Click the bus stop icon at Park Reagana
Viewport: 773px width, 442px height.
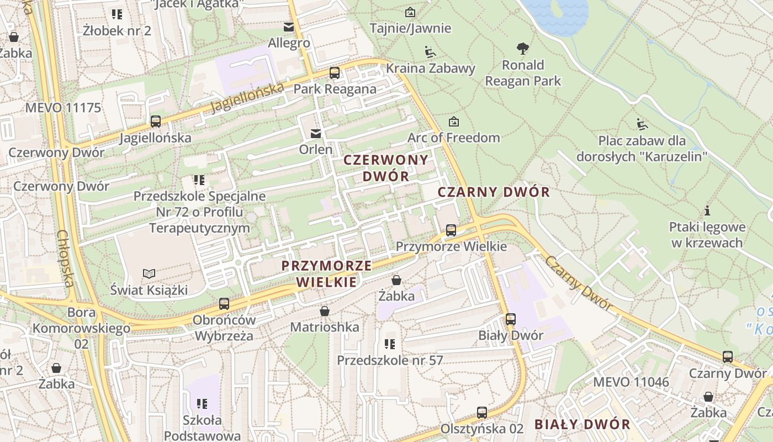pos(334,73)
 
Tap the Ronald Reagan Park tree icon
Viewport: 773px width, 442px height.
pos(522,49)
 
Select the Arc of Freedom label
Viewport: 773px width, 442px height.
pos(453,138)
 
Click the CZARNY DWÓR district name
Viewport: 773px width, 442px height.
pos(494,192)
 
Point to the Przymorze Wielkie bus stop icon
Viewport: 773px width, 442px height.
pos(451,230)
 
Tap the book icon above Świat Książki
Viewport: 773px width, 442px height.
pos(149,273)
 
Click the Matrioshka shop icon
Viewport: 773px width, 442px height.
pos(325,312)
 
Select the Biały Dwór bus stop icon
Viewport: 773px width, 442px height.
pos(511,319)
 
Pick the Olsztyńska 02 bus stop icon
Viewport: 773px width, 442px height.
pos(482,413)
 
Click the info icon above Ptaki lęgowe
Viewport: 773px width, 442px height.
pos(707,211)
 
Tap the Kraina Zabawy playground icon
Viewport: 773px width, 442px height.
pos(430,52)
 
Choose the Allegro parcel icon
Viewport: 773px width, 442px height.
pos(289,27)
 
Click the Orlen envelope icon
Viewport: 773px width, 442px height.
pos(316,133)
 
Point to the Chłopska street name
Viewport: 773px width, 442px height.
pos(65,259)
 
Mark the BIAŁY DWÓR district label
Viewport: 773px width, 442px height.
pos(582,424)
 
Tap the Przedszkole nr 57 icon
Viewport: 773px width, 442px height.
pos(390,344)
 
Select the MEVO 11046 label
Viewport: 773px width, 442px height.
pos(631,382)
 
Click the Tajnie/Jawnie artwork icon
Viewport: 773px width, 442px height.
pos(410,12)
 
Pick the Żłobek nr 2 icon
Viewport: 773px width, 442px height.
pos(117,14)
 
